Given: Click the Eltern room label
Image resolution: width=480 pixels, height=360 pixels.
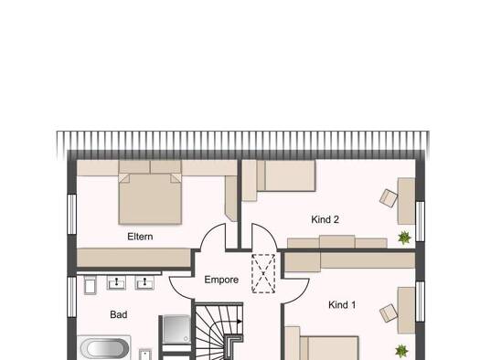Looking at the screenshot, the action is [140, 237].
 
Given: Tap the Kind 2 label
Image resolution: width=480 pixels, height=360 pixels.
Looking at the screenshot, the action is [325, 219].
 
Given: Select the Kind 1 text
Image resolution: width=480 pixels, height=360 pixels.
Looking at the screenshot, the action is [342, 304].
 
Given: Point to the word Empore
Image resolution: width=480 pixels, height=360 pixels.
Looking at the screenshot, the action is [221, 280].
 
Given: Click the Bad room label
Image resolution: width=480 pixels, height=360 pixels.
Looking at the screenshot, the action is [119, 314].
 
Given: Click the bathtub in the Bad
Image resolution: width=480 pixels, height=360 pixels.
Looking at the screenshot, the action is [104, 348].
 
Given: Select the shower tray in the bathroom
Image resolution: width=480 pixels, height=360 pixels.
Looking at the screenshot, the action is [176, 329].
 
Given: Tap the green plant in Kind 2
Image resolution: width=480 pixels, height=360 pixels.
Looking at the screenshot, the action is [404, 238].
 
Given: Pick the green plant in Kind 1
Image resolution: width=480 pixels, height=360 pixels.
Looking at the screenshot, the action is [401, 351].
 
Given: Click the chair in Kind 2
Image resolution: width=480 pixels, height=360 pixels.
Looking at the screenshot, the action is [389, 198].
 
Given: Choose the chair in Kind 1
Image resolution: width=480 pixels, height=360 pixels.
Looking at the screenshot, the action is [389, 312].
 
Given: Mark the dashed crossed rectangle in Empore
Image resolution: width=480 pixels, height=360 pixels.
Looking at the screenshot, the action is [263, 273].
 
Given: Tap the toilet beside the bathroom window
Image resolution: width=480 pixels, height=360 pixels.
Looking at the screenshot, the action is [90, 285].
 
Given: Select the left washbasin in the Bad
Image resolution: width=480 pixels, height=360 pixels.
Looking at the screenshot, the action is [116, 282].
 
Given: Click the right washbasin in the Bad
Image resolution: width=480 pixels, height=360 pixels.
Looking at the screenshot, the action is [144, 282].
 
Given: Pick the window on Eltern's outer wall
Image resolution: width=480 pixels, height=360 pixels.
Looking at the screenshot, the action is [71, 214].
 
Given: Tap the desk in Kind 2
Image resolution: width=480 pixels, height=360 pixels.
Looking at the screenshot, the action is [406, 201].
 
